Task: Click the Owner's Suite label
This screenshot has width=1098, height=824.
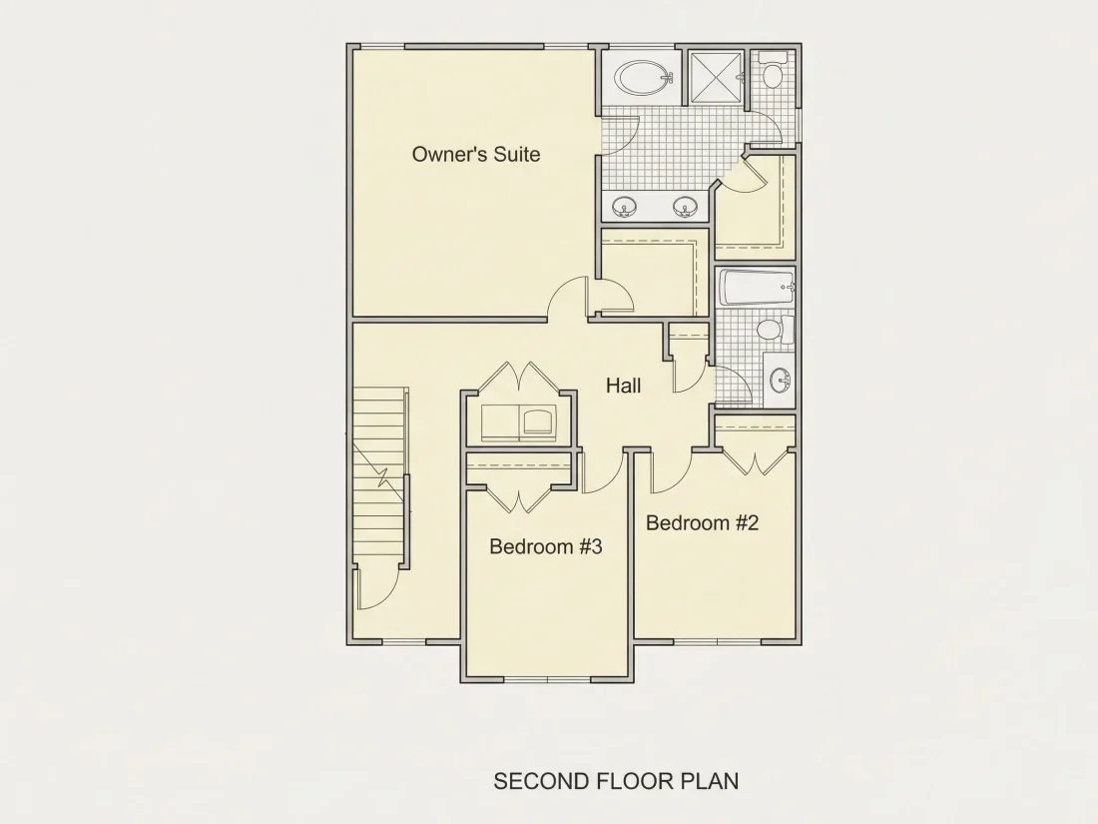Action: (476, 154)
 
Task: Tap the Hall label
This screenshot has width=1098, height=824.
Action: (623, 386)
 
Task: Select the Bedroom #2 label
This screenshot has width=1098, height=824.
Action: (703, 522)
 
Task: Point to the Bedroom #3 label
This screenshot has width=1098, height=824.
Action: (545, 545)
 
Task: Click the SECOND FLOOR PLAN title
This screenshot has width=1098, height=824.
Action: (616, 781)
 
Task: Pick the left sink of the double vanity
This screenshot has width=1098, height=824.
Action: (624, 207)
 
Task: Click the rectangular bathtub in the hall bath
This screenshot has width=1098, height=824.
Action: (757, 288)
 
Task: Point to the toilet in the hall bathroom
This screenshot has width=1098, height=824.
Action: (776, 329)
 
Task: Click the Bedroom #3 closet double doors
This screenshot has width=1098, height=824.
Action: (519, 498)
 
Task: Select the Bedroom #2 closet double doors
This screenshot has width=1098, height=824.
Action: (756, 462)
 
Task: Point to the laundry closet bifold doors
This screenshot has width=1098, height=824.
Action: (519, 377)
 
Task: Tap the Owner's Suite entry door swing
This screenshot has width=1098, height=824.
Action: (566, 298)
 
